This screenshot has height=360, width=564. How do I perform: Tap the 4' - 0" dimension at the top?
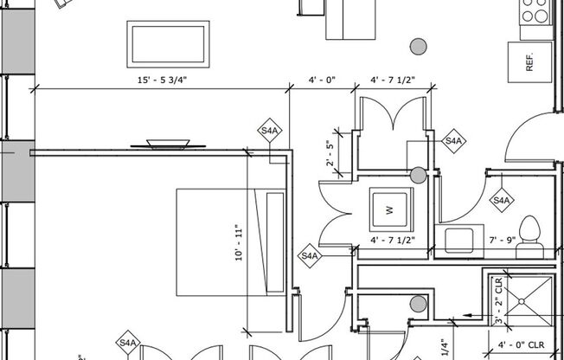click(x=321, y=80)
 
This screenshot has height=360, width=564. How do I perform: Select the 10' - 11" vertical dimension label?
click(x=239, y=243)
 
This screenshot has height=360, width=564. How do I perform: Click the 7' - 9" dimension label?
click(x=502, y=240)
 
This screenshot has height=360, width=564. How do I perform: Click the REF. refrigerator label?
click(x=529, y=62)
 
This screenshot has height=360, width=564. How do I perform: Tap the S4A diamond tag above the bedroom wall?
click(x=270, y=132)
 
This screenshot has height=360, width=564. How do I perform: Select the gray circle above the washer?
click(x=419, y=176)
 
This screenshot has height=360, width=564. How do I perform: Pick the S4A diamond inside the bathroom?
click(x=501, y=200)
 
